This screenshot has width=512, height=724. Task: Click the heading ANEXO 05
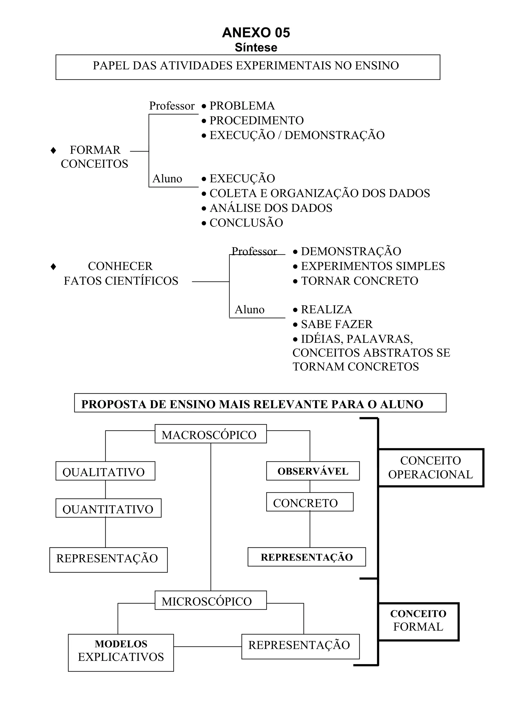pyautogui.click(x=256, y=33)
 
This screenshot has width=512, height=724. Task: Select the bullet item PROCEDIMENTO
pyautogui.click(x=256, y=120)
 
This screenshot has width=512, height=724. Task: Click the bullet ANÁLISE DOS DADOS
pyautogui.click(x=271, y=208)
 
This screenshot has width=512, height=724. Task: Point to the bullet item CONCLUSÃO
pyautogui.click(x=246, y=223)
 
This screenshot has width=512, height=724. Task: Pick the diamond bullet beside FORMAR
pyautogui.click(x=53, y=150)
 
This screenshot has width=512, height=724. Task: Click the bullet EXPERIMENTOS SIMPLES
pyautogui.click(x=372, y=266)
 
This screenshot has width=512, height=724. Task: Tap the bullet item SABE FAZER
pyautogui.click(x=336, y=324)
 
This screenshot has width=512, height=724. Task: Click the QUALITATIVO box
pyautogui.click(x=105, y=472)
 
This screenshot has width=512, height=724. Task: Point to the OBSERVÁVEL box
pyautogui.click(x=313, y=471)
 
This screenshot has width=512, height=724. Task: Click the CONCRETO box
pyautogui.click(x=309, y=503)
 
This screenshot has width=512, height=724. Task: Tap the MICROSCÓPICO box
pyautogui.click(x=210, y=601)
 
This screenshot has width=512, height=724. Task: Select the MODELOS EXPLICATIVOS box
pyautogui.click(x=121, y=654)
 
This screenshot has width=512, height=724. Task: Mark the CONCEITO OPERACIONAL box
pyautogui.click(x=430, y=468)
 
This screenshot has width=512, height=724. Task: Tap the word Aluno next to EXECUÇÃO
pyautogui.click(x=167, y=179)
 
